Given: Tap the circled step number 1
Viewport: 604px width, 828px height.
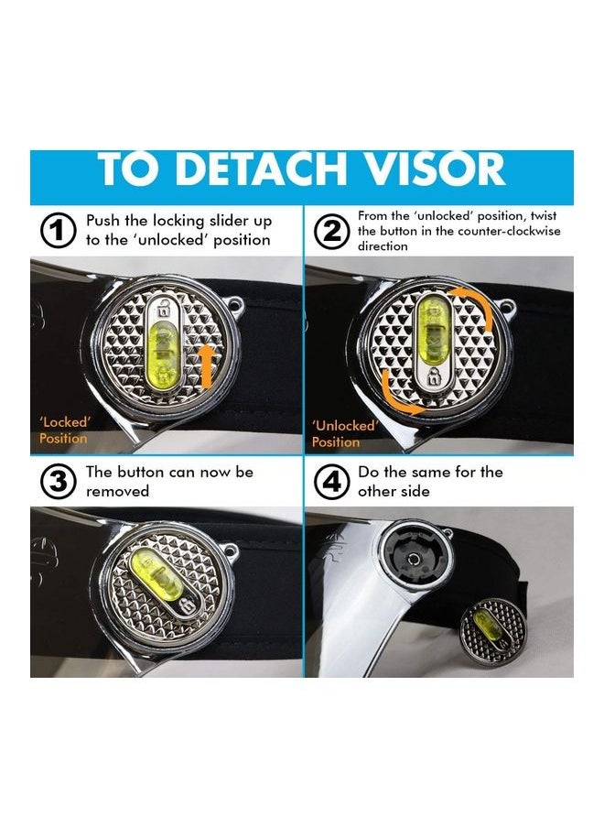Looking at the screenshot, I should point(58,231).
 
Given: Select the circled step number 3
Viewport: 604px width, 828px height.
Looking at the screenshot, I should point(58,482).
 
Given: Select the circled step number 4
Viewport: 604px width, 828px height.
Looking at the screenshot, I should point(331,482).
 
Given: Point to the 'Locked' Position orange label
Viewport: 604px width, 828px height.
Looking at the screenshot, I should point(63,430).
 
